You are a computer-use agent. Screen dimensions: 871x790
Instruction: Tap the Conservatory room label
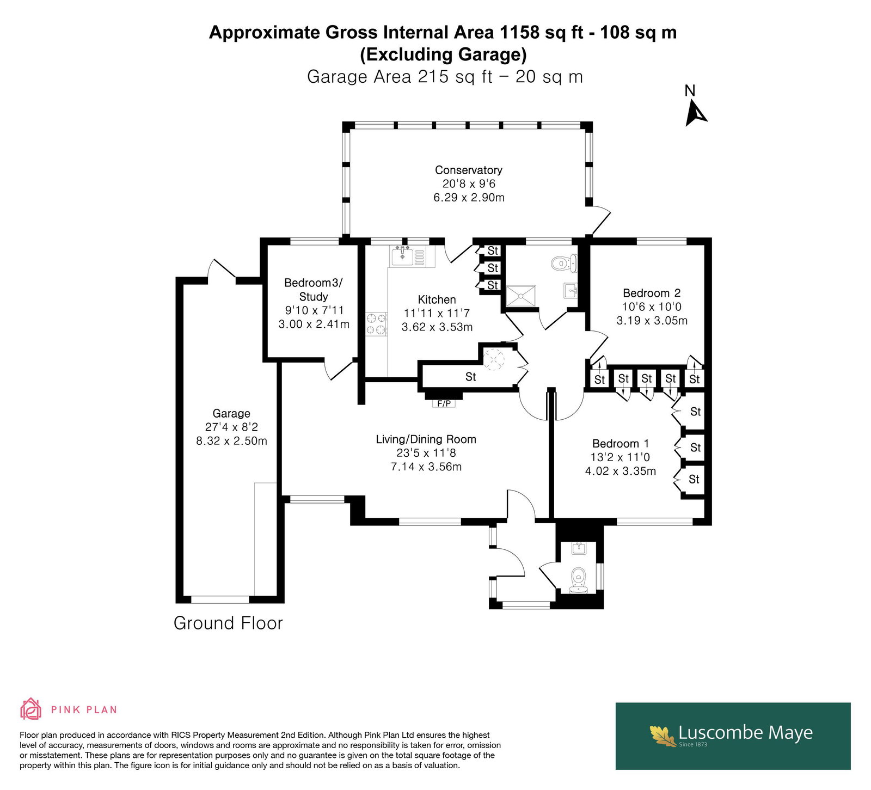[x=468, y=170]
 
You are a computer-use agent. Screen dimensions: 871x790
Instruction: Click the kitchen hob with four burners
[x=376, y=323]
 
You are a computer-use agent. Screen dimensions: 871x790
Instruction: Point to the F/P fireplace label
[x=444, y=403]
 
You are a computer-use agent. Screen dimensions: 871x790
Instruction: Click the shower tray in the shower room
[x=521, y=296]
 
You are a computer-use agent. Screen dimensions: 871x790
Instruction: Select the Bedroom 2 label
[x=652, y=293]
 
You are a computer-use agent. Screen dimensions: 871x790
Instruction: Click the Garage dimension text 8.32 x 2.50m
[x=232, y=441]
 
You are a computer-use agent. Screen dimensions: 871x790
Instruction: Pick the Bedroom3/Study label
[x=314, y=290]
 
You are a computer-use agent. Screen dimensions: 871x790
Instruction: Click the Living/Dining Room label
[x=426, y=439]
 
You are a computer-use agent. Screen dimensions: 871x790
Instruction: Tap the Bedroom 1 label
[x=621, y=444]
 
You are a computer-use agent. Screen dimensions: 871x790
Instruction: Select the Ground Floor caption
[x=228, y=623]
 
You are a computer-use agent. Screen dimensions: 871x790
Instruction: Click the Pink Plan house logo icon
[x=31, y=709]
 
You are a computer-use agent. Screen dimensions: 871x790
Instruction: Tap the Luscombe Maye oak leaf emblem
[x=663, y=736]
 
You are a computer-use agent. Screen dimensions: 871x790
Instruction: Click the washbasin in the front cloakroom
[x=578, y=548]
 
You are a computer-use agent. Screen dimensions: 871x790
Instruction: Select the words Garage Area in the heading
[x=359, y=77]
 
